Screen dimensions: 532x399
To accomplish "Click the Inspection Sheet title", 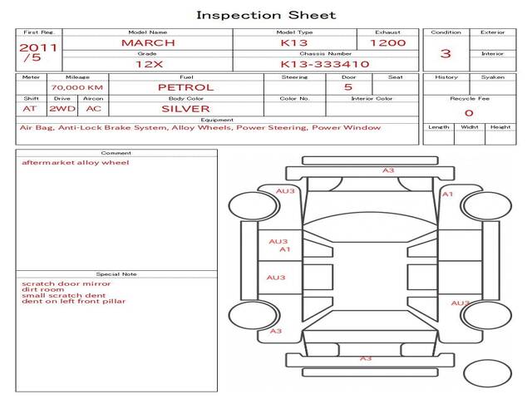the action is [266, 15].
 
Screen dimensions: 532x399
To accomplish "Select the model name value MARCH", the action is [148, 43].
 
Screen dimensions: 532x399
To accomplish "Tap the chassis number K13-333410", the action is [325, 64].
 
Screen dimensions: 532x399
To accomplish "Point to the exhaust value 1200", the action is [388, 43].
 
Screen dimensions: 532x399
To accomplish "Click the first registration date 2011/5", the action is [38, 52].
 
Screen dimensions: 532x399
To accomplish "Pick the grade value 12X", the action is [149, 64].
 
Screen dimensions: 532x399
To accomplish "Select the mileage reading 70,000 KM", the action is [77, 87].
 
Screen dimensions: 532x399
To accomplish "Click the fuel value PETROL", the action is [186, 87].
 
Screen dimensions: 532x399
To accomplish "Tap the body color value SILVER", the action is [185, 109].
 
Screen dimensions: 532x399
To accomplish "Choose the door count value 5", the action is [348, 87].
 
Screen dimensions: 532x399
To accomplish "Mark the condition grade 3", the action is [446, 53].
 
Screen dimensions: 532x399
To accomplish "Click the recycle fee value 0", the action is [469, 113].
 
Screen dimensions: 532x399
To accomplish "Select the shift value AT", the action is [30, 109].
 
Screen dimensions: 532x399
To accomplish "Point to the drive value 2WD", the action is [62, 109].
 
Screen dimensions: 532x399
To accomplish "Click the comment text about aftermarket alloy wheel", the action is [76, 163].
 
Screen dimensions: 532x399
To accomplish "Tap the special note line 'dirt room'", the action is [42, 289].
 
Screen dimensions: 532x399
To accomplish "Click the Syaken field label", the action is [493, 77].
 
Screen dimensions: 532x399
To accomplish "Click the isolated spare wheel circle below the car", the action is [487, 373].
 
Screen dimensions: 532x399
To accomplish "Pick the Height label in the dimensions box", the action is [500, 127].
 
